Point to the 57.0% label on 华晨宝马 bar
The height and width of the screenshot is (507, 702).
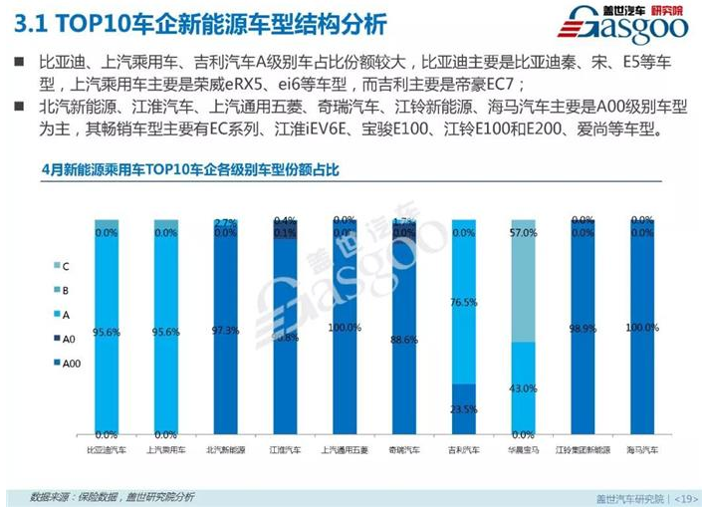[523, 233]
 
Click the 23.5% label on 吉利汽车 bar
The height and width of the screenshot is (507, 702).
[463, 409]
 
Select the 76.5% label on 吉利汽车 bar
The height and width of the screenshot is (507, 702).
[463, 302]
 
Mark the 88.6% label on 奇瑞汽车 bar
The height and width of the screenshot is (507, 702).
[403, 340]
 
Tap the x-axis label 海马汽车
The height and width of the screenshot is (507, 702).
[641, 451]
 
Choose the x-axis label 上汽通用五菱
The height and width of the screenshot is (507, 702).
[341, 451]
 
